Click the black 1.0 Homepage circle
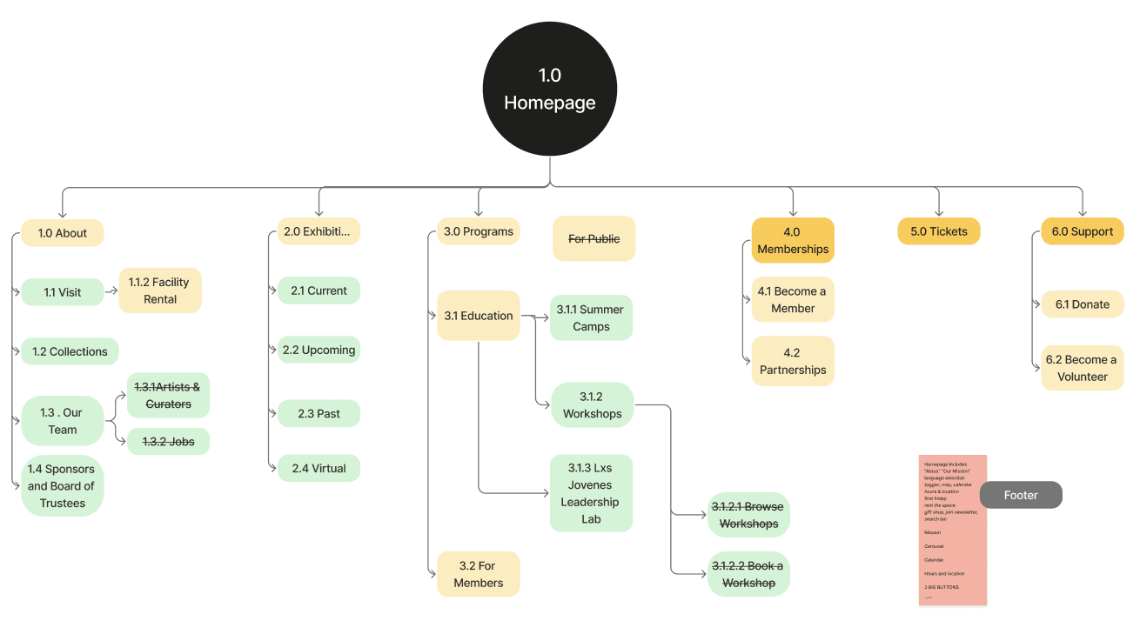point(550,89)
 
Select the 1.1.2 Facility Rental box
point(160,290)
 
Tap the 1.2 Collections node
point(70,351)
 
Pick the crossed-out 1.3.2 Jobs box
point(168,442)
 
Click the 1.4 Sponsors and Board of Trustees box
point(62,486)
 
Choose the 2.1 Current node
point(319,290)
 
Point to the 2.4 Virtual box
point(319,468)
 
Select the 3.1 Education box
point(478,316)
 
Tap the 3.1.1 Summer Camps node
point(591,317)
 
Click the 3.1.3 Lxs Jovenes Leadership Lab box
point(591,493)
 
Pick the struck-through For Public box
point(594,238)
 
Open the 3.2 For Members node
point(478,574)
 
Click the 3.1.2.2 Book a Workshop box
point(748,574)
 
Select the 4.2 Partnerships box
point(793,361)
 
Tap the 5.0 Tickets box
point(939,231)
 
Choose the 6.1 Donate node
point(1083,304)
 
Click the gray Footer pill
point(1021,495)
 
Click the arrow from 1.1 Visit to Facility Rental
point(111,291)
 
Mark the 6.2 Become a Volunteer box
point(1083,368)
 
